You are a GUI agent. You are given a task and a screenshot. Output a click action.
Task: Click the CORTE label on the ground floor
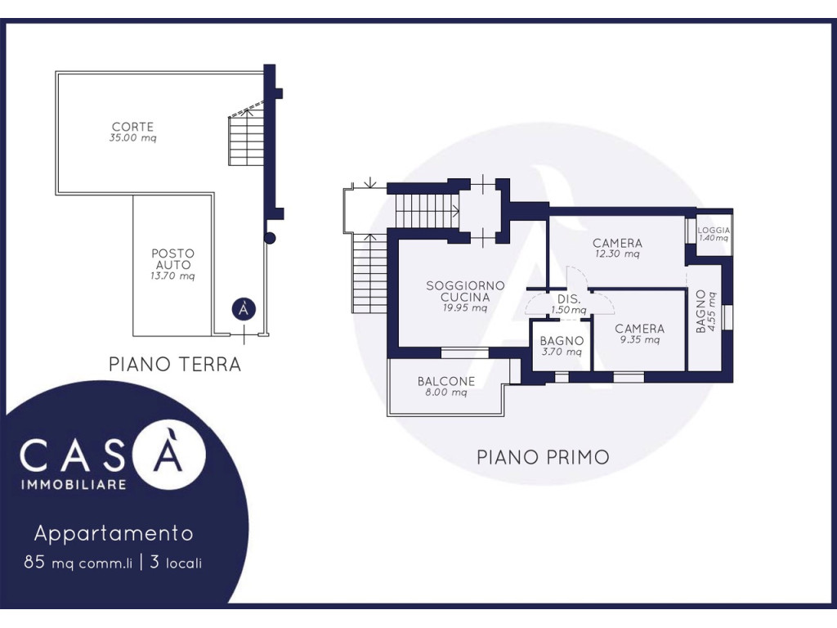coord(132,127)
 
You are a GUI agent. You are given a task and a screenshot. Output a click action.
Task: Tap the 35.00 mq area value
coord(133,137)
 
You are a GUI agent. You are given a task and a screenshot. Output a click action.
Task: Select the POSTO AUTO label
coord(173,259)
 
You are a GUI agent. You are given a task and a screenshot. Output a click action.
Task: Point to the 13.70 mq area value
coord(172,276)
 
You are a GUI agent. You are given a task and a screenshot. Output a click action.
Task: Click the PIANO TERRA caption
coord(175,364)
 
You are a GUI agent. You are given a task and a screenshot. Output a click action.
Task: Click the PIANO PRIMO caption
coord(543,458)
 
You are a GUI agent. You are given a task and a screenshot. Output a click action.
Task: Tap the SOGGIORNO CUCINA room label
coord(465,292)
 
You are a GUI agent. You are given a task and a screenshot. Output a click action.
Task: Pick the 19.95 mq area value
coord(465,308)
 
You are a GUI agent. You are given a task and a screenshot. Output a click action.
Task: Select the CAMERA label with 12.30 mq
coord(618,243)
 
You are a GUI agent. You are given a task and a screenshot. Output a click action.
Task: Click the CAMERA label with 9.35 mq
coord(639,329)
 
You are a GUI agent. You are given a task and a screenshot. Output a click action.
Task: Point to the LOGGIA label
coord(714,230)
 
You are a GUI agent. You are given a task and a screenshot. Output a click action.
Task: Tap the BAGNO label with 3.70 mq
coord(562,341)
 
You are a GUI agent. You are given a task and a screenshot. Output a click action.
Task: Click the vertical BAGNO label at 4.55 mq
coord(700,312)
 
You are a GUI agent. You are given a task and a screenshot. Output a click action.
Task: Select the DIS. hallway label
coord(569,299)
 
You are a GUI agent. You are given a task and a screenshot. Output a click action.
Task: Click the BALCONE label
coord(446,381)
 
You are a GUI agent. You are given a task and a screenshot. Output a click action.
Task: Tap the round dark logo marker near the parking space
coord(244,309)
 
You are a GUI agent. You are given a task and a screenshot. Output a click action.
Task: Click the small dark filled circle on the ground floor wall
coord(270,238)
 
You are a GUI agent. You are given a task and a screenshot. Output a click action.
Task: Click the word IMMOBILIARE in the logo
coord(73,485)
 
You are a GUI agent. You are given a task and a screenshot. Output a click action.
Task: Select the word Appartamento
coord(114,533)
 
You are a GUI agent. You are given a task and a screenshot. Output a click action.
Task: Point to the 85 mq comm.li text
coord(78,563)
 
